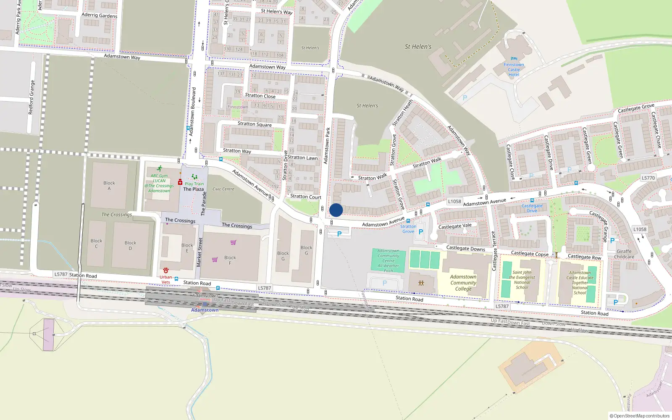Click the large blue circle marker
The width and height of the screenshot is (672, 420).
pos(336,210)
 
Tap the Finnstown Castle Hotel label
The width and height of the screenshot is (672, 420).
pos(514,70)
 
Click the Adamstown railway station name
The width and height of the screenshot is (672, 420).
pos(205,310)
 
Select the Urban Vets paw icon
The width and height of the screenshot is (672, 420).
pos(166,270)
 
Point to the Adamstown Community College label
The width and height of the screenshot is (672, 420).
pos(463,283)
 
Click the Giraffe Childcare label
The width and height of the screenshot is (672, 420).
pos(624,254)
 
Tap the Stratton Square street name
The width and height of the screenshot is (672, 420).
pos(255,124)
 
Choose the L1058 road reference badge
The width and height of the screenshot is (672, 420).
pos(454,201)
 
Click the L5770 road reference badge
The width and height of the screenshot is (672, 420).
pos(648,178)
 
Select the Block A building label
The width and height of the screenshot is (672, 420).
pos(109,186)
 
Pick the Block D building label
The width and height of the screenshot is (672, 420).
pos(130,245)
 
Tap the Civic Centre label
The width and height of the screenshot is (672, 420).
pos(223,189)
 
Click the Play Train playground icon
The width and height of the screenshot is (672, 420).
pos(194,177)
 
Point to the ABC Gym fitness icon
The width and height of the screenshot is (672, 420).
pos(159,168)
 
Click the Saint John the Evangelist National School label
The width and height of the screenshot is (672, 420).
pos(522,280)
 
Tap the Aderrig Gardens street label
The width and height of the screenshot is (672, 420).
pos(99,15)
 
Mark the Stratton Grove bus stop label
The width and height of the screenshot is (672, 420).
pos(408,229)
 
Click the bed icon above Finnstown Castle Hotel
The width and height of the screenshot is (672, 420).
pos(514,59)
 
